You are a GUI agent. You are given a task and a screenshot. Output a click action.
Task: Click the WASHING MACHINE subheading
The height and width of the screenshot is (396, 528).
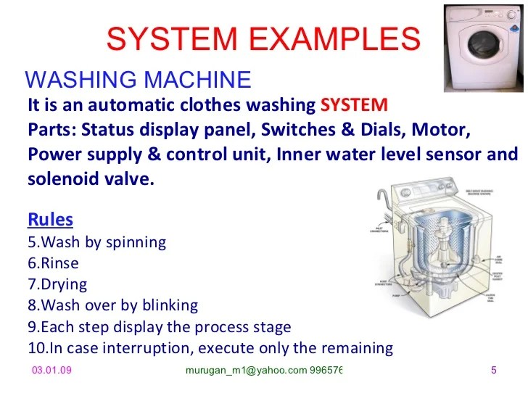[x=138, y=79]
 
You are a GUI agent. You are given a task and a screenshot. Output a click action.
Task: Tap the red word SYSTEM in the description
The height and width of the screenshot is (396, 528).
[x=354, y=104]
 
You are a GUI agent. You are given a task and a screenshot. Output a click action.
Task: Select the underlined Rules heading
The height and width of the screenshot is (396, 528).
[x=50, y=218]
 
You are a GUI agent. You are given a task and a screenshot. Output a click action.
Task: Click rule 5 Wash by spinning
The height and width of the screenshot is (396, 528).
[x=96, y=242]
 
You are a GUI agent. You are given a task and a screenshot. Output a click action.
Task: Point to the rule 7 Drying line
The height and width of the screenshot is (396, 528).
[x=57, y=284]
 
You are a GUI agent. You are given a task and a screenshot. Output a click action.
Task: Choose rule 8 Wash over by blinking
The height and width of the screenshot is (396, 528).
[x=112, y=305]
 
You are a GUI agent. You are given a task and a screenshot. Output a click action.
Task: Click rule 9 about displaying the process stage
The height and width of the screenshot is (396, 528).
[x=159, y=326]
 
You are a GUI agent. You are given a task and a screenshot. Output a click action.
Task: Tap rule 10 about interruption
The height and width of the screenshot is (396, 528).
[x=210, y=348]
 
